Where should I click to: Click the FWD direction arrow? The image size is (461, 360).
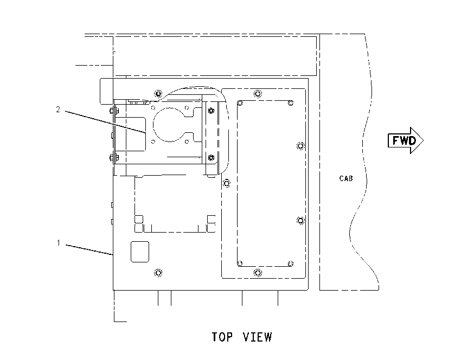click(406, 140)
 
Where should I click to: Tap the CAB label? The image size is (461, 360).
click(346, 178)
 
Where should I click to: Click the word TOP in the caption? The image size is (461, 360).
click(222, 337)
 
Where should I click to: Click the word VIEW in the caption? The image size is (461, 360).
click(258, 337)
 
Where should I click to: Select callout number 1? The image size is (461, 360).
click(58, 243)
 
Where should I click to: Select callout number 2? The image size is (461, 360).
click(58, 110)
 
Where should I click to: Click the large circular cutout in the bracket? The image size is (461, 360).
click(170, 125)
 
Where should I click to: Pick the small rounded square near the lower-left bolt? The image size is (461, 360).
click(139, 252)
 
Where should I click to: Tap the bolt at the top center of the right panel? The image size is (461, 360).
click(258, 94)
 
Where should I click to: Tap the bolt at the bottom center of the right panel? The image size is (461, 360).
click(258, 273)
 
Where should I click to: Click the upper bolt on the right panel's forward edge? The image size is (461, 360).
click(300, 146)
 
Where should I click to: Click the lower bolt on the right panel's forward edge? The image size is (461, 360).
click(300, 221)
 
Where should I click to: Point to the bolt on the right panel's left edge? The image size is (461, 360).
click(226, 183)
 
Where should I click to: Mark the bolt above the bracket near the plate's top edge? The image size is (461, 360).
click(158, 94)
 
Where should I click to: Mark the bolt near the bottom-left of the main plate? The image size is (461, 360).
click(158, 273)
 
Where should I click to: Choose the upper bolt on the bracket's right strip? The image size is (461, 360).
click(211, 111)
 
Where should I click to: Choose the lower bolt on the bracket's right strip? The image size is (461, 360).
click(211, 158)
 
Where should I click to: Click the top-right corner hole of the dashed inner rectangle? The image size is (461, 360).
click(291, 103)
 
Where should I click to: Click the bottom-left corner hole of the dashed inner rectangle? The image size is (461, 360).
click(240, 263)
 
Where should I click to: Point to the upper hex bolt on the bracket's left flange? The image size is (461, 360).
click(113, 111)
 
